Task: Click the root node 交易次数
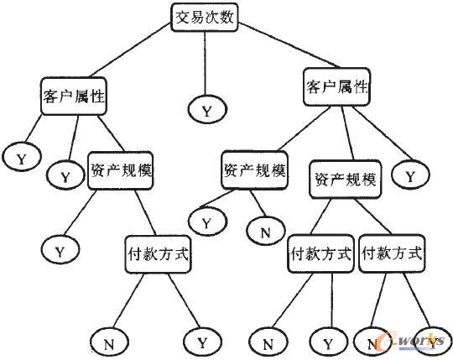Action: (204, 18)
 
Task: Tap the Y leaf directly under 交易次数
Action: (207, 109)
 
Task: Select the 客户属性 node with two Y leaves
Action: (74, 97)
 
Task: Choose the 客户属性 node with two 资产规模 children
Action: (336, 86)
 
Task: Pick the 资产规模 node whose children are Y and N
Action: (254, 170)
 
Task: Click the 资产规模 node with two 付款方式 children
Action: (346, 179)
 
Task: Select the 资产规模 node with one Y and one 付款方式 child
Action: (121, 170)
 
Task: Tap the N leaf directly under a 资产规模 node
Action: (265, 231)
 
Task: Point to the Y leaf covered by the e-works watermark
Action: (433, 342)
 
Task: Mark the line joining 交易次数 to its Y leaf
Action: (206, 63)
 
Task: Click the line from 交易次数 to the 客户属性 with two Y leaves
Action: (129, 50)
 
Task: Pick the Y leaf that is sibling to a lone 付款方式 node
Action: (60, 250)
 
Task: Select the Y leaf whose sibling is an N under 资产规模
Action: (207, 222)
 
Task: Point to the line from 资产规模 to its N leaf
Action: (258, 203)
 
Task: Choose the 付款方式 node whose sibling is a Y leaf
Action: (158, 254)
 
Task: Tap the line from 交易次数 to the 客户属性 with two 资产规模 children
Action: (289, 44)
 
